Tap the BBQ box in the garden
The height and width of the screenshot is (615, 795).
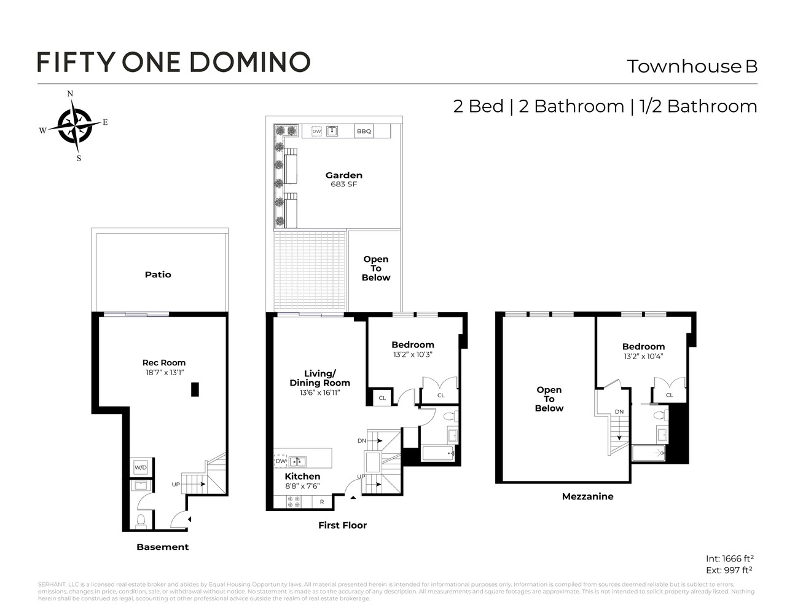tap(364, 131)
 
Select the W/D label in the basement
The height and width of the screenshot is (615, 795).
tap(141, 468)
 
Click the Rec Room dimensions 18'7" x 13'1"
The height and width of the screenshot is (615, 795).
tap(163, 373)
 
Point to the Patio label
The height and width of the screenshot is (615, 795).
tap(158, 275)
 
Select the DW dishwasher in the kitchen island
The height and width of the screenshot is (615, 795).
tap(281, 461)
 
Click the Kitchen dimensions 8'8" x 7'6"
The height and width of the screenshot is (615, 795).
tap(302, 486)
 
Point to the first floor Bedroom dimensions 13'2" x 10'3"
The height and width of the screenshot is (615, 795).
tap(413, 354)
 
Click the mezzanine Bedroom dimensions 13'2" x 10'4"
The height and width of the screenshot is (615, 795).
tap(643, 356)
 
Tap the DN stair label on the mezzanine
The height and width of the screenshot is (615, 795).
tap(619, 412)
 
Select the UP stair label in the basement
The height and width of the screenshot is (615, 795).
tap(176, 485)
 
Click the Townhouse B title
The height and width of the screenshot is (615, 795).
tap(692, 66)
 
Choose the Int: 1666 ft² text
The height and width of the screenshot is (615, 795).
tap(730, 558)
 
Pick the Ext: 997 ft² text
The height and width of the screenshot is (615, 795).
tap(730, 570)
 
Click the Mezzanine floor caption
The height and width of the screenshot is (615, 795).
tap(587, 496)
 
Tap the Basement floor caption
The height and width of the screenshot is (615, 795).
tap(163, 547)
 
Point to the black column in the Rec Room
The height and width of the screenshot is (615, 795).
tap(195, 389)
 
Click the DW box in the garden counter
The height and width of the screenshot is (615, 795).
tap(316, 131)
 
